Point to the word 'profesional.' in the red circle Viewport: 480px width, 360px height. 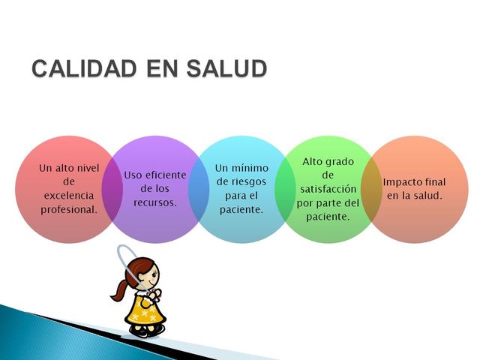tap(69, 209)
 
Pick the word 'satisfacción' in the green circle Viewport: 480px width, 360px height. tap(328, 188)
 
